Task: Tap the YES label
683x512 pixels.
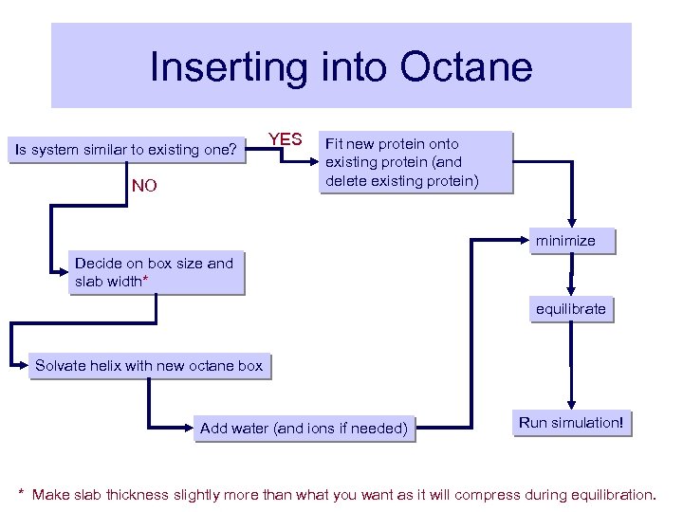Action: pyautogui.click(x=285, y=140)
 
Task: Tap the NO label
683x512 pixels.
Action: pyautogui.click(x=145, y=186)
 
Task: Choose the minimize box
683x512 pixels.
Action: pyautogui.click(x=565, y=241)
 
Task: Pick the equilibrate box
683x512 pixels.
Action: pyautogui.click(x=570, y=309)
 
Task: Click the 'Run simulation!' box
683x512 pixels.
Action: pyautogui.click(x=570, y=423)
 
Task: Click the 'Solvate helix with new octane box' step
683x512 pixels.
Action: pyautogui.click(x=149, y=365)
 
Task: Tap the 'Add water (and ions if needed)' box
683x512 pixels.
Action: pyautogui.click(x=304, y=429)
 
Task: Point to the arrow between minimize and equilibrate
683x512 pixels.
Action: pyautogui.click(x=570, y=276)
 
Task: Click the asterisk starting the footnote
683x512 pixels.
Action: pyautogui.click(x=22, y=493)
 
